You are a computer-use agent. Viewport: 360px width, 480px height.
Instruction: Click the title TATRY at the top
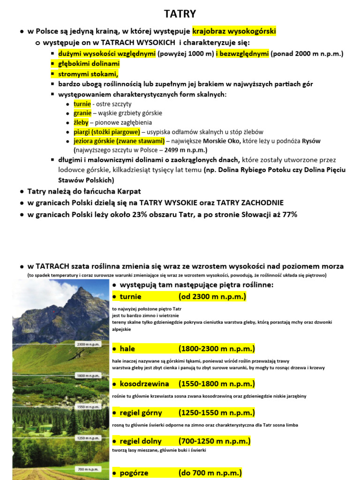tap(180, 14)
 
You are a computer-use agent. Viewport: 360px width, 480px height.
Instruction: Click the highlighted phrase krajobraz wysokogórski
tap(234, 31)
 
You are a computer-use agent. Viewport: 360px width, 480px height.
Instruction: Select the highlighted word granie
tap(82, 113)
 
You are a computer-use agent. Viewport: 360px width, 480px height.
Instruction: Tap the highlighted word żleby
tap(81, 122)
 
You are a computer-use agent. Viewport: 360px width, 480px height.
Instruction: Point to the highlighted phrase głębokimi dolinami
tap(89, 63)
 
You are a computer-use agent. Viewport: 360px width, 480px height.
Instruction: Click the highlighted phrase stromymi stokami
tap(88, 74)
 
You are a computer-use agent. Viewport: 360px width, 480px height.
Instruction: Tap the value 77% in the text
tap(288, 214)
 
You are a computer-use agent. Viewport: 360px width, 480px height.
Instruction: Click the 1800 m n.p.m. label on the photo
tap(88, 375)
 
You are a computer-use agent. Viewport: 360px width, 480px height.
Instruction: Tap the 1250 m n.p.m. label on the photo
tap(88, 438)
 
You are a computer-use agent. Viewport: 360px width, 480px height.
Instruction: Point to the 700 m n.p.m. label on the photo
tap(88, 469)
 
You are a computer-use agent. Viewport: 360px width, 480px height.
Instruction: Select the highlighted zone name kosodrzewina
tap(144, 384)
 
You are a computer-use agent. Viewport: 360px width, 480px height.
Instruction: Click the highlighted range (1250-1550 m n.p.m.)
tap(217, 412)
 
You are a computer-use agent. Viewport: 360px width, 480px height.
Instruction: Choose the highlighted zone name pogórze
tap(134, 472)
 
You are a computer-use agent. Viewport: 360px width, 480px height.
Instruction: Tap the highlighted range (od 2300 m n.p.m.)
tap(212, 297)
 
